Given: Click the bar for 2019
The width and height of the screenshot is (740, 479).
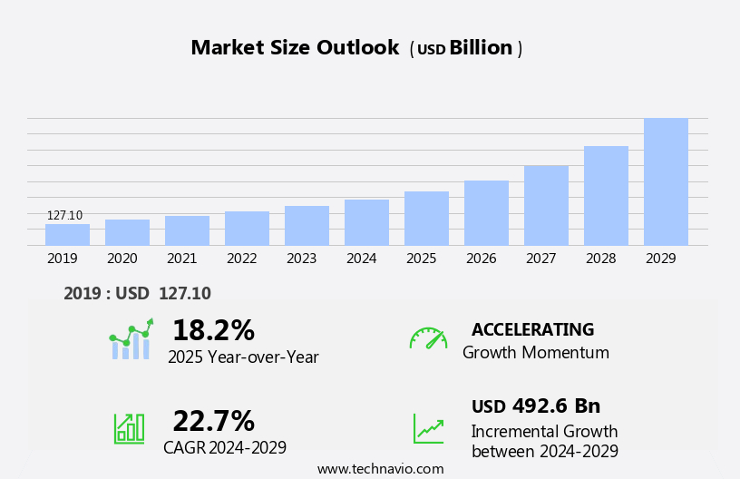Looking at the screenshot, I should [67, 235].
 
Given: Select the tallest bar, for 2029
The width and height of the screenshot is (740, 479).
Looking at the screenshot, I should [666, 181].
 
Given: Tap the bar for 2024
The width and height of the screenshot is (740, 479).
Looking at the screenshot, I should [366, 222].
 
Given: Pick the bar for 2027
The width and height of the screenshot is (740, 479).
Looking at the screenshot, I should [546, 205].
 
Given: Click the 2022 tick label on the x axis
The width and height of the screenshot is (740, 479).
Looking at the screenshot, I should [241, 259].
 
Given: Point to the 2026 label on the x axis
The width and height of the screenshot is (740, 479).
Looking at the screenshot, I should [481, 259].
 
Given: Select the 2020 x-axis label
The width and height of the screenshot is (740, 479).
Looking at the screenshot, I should [122, 259].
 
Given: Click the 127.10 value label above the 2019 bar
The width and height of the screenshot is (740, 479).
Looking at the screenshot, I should [64, 216].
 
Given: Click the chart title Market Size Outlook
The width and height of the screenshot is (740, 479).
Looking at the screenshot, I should [295, 48].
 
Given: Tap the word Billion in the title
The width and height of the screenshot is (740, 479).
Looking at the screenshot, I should [481, 48].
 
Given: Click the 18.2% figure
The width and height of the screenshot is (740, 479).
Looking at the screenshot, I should [213, 330].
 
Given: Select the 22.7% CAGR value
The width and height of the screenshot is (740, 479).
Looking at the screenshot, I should [213, 421].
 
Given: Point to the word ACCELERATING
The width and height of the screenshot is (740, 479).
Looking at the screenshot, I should [532, 329].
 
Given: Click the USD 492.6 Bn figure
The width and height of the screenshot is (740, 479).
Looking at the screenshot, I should [536, 406].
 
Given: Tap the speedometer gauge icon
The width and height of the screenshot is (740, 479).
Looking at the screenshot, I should [428, 338].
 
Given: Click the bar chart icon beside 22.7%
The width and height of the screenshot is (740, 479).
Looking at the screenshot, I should [129, 427].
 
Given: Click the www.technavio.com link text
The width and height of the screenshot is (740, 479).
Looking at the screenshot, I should [380, 469].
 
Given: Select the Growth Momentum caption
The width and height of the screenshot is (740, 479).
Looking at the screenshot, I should [535, 353].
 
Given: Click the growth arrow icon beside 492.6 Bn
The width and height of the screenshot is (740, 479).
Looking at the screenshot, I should [428, 428].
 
